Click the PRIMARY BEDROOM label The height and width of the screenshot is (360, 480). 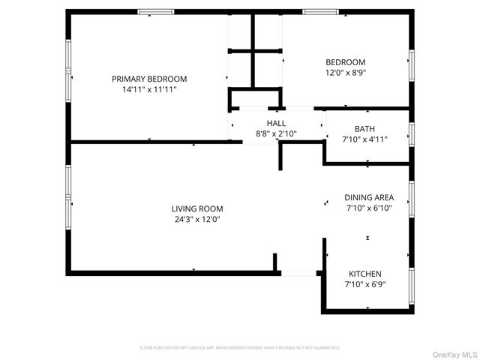click(x=149, y=79)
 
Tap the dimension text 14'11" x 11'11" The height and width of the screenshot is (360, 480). click(x=149, y=89)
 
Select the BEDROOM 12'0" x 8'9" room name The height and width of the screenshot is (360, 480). click(x=345, y=62)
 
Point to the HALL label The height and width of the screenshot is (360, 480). click(x=276, y=123)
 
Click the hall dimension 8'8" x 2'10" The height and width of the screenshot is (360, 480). click(x=276, y=133)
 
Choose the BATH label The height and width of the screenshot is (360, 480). click(x=364, y=128)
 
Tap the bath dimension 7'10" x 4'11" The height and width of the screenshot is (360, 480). click(x=364, y=139)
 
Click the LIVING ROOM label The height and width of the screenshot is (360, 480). click(x=197, y=209)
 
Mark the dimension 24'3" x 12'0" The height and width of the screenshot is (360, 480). click(x=197, y=220)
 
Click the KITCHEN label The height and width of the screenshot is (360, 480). click(x=365, y=274)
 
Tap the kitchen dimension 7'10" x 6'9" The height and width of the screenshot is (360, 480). click(x=365, y=284)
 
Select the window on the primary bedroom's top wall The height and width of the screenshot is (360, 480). click(x=156, y=12)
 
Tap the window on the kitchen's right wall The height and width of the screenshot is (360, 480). click(x=411, y=285)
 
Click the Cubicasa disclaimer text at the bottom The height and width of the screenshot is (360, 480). click(x=240, y=348)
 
